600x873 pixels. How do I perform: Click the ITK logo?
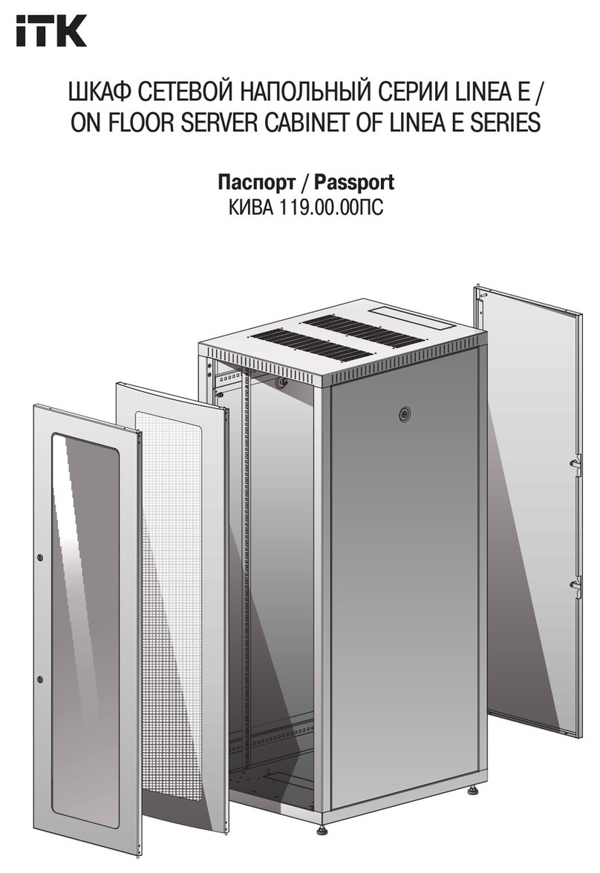tap(51, 30)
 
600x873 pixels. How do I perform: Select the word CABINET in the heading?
tap(307, 122)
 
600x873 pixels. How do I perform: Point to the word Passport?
tap(353, 182)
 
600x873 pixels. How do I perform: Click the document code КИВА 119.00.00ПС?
tap(306, 208)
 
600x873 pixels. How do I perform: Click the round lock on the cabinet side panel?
tap(404, 415)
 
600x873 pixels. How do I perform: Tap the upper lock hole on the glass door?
tap(40, 558)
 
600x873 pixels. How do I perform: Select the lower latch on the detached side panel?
tap(574, 583)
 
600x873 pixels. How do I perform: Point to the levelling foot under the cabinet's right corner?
tap(473, 789)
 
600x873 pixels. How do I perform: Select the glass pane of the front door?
tap(85, 630)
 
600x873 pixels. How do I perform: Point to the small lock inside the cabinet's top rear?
tap(282, 382)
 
